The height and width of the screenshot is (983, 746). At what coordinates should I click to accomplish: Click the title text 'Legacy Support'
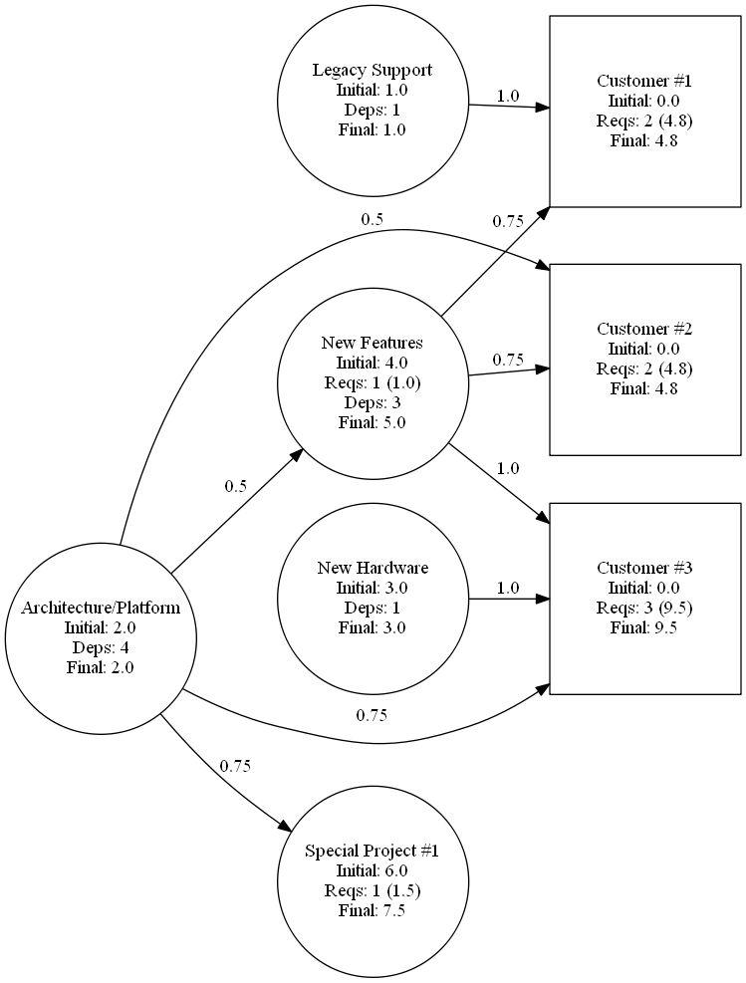click(x=373, y=70)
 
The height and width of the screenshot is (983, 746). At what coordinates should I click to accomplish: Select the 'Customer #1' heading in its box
click(x=644, y=81)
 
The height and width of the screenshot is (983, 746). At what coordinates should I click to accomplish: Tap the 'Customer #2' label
click(x=644, y=329)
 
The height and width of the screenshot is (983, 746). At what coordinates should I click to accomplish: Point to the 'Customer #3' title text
click(x=644, y=568)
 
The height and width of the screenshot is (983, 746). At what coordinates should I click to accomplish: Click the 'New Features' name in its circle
click(x=373, y=343)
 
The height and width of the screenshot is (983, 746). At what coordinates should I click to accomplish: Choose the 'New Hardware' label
click(x=373, y=568)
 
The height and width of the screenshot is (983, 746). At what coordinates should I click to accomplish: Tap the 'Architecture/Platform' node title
click(x=101, y=608)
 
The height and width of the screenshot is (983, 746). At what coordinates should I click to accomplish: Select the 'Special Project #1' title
click(x=373, y=851)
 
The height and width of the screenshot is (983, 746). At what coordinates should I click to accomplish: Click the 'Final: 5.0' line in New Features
click(x=373, y=422)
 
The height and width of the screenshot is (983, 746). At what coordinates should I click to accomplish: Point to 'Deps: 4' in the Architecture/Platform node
click(x=101, y=647)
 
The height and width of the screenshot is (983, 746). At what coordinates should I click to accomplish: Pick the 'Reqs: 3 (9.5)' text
click(x=644, y=609)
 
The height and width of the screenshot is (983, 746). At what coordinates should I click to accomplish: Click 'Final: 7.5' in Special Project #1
click(x=373, y=910)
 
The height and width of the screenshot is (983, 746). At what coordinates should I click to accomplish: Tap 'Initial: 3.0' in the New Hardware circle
click(x=373, y=588)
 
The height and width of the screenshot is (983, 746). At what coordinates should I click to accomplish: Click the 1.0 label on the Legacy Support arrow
click(x=508, y=96)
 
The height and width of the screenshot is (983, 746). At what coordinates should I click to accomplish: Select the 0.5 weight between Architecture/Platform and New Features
click(x=236, y=486)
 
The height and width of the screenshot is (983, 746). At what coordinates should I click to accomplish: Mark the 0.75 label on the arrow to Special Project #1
click(x=235, y=766)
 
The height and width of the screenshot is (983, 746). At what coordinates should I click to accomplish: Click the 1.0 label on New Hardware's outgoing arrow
click(x=508, y=588)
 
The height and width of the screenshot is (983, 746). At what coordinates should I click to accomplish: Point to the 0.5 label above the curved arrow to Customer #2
click(x=372, y=219)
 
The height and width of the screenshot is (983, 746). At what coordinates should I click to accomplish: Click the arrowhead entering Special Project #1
click(x=285, y=827)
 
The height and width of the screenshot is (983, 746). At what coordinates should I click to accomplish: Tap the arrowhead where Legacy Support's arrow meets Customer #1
click(x=542, y=109)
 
